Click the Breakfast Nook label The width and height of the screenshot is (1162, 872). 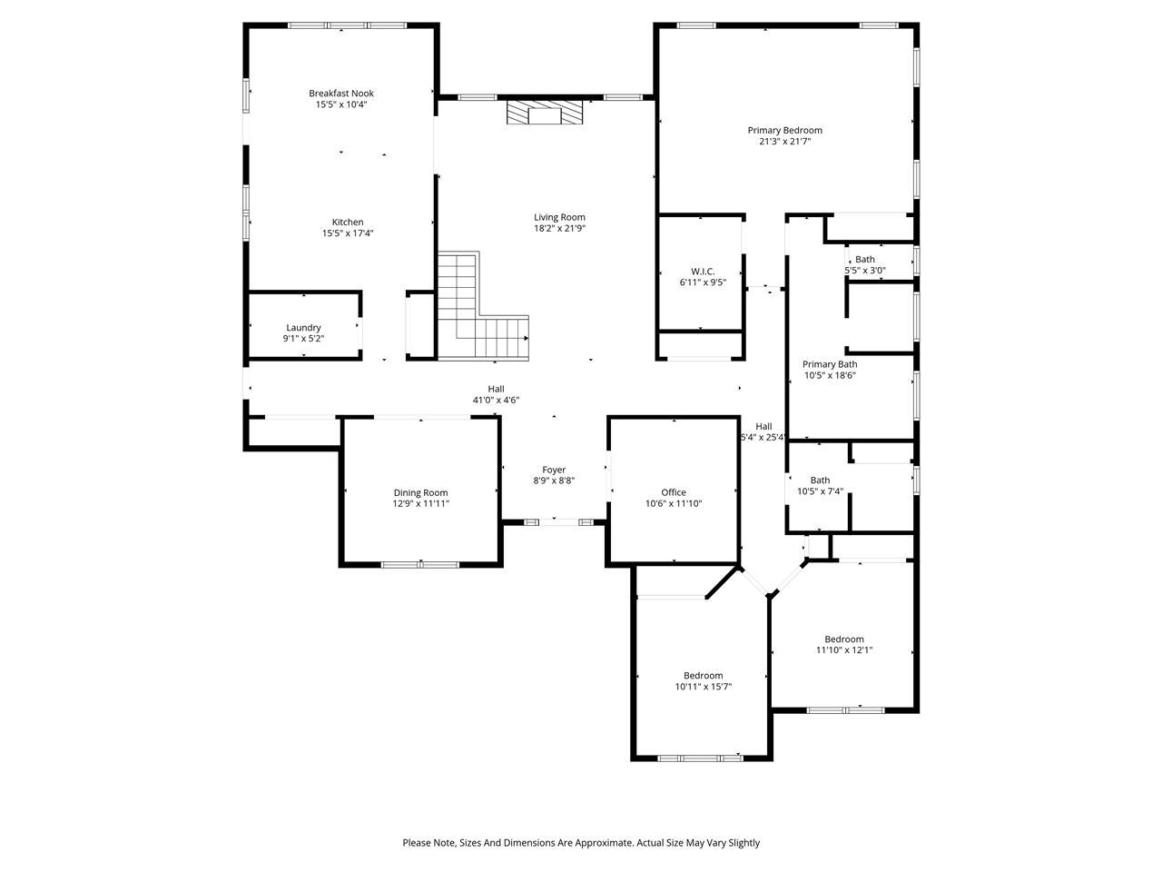(x=340, y=94)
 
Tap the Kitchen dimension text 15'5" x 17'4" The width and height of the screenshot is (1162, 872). (x=348, y=233)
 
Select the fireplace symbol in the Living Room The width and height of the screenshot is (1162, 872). (x=545, y=114)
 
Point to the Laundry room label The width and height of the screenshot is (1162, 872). (x=303, y=328)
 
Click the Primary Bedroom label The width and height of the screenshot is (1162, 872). (x=784, y=131)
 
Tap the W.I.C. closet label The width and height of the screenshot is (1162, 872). (x=703, y=272)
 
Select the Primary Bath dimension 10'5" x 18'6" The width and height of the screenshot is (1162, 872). (x=830, y=375)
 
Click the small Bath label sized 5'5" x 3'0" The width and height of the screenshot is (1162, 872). (x=865, y=260)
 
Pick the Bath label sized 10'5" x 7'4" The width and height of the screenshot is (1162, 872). (x=820, y=481)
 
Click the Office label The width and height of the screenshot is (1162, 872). (x=674, y=492)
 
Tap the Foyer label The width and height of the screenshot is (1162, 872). (x=554, y=470)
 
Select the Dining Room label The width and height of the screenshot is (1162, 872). (x=420, y=492)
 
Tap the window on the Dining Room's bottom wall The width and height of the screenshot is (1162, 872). (x=419, y=565)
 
